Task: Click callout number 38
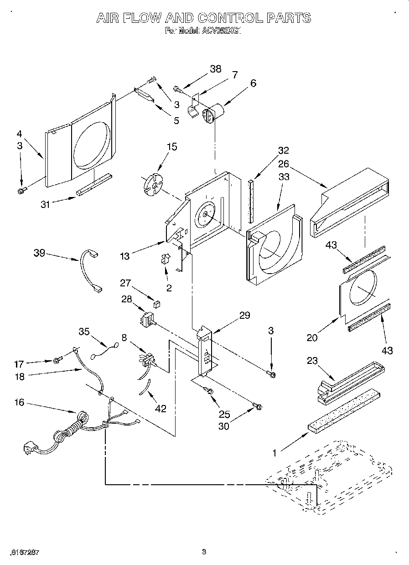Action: (215, 69)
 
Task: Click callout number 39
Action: (39, 252)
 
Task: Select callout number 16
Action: (19, 403)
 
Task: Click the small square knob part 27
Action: (156, 303)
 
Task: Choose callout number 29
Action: (244, 315)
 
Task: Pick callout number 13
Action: (124, 256)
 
